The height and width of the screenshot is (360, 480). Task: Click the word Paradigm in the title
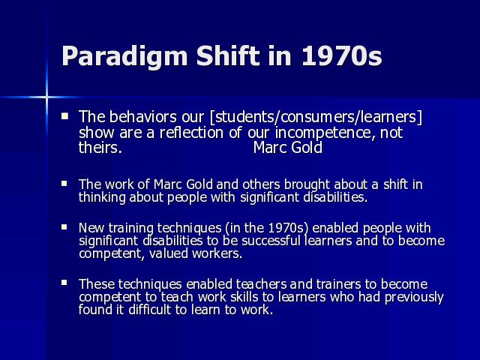[124, 56]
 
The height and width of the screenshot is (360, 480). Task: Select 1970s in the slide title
[342, 55]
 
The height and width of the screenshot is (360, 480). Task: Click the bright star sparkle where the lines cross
[46, 97]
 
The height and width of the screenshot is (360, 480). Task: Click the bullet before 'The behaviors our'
[64, 116]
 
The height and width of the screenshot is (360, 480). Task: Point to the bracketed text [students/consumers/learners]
[316, 117]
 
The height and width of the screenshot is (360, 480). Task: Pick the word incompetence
[324, 133]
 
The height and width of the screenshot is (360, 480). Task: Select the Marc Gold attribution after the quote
[288, 148]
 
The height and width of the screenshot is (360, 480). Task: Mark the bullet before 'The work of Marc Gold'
[64, 184]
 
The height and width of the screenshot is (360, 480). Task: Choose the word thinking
[102, 197]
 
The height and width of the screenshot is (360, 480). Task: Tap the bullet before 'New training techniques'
[64, 227]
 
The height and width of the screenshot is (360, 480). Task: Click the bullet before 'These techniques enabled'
[64, 283]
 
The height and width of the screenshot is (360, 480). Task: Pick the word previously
[414, 297]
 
